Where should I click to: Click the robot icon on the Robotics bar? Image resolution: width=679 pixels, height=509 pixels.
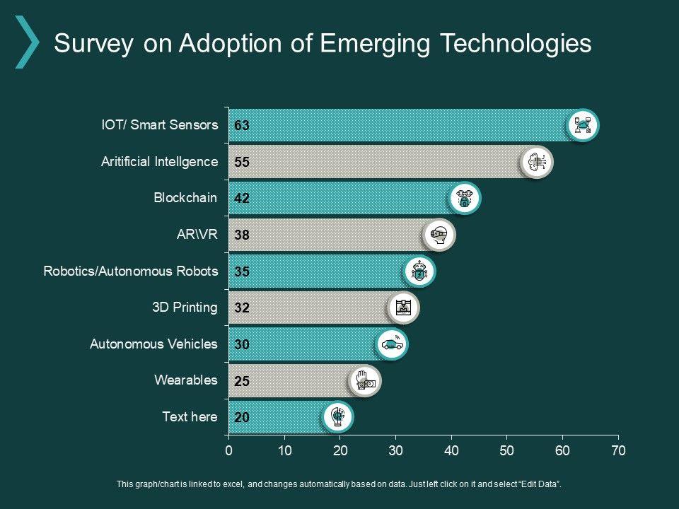(x=420, y=271)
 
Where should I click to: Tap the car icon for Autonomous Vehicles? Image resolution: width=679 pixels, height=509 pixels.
(x=392, y=344)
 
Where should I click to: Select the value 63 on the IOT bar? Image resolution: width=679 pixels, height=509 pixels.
(x=242, y=126)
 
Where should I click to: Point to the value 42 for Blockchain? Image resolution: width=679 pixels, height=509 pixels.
(x=242, y=199)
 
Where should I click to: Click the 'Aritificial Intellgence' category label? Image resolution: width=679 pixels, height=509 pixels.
(x=159, y=162)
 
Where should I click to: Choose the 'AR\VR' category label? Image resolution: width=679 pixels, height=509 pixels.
(x=197, y=235)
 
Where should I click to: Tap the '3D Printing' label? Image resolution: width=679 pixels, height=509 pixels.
(x=185, y=308)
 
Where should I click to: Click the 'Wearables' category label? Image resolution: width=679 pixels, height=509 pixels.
(x=186, y=380)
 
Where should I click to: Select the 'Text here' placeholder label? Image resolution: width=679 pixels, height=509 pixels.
(x=190, y=417)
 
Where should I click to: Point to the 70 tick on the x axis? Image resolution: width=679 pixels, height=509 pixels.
(x=618, y=450)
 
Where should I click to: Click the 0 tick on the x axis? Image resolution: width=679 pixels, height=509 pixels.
(x=228, y=450)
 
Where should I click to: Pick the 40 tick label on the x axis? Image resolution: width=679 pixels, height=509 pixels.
(x=451, y=450)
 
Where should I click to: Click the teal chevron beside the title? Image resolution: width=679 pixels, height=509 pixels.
(x=27, y=42)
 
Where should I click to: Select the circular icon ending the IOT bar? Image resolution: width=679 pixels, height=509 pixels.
(x=584, y=126)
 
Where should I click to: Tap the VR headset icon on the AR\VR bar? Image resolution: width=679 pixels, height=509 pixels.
(x=440, y=235)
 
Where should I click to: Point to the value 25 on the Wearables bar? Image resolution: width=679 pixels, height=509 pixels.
(x=242, y=381)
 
